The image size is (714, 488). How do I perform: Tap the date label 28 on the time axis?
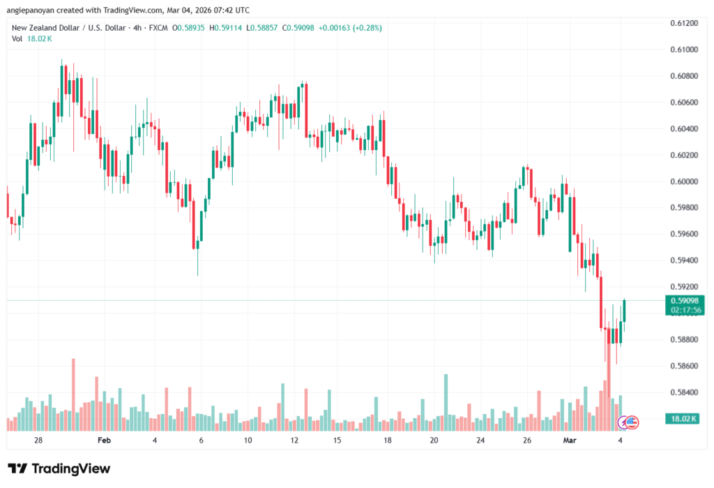[x=38, y=441]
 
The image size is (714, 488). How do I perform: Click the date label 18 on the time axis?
[x=387, y=441]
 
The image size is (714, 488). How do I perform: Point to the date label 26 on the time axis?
[x=527, y=441]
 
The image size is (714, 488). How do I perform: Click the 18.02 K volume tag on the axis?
[x=683, y=418]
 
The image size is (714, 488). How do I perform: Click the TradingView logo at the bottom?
[x=59, y=468]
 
